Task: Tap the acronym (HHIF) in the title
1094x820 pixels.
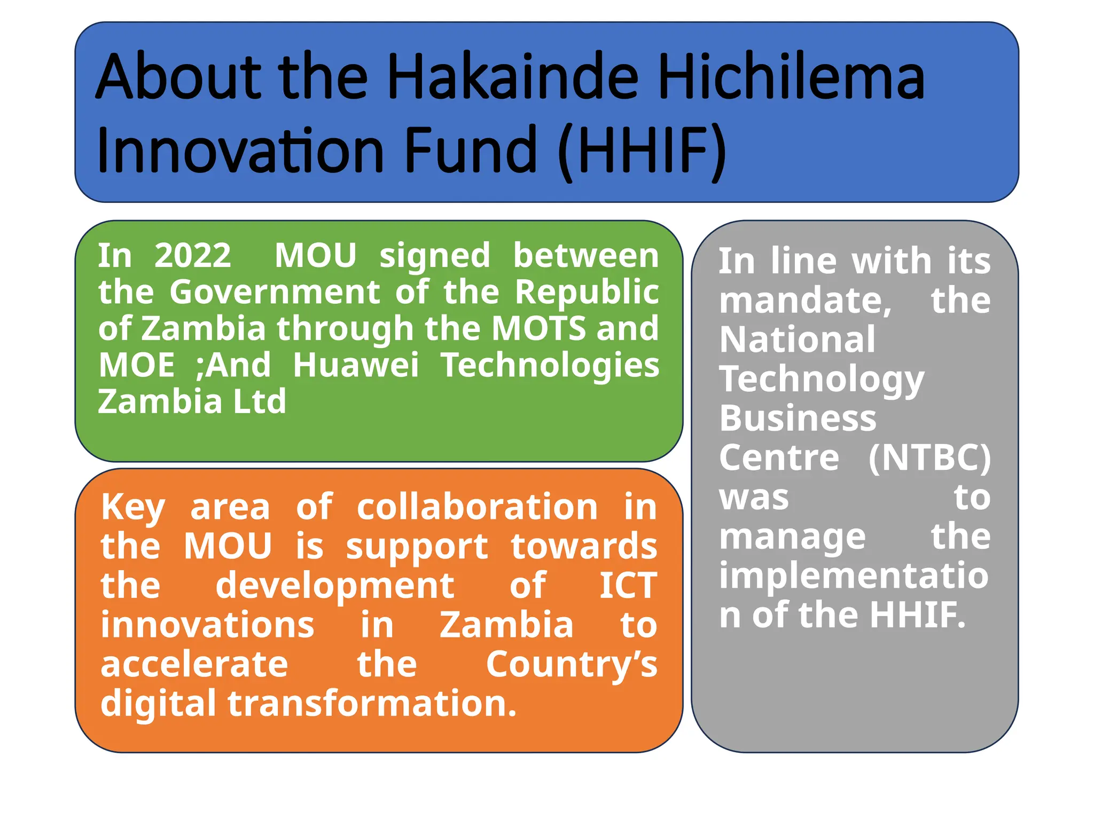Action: pyautogui.click(x=642, y=151)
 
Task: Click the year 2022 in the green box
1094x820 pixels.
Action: pyautogui.click(x=193, y=256)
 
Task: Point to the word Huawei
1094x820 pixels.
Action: pyautogui.click(x=356, y=365)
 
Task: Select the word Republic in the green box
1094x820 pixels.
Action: pyautogui.click(x=587, y=292)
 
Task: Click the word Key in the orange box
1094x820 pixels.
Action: pyautogui.click(x=133, y=507)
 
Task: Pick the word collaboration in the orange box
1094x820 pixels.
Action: pyautogui.click(x=477, y=507)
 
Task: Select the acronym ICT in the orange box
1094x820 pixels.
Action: pyautogui.click(x=628, y=586)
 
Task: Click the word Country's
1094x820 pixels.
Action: pyautogui.click(x=572, y=665)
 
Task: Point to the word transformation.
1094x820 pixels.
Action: pyautogui.click(x=372, y=704)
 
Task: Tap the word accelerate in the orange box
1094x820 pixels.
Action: pyautogui.click(x=194, y=665)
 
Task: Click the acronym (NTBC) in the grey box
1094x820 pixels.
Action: pyautogui.click(x=929, y=458)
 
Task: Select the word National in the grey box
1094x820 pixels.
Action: pyautogui.click(x=797, y=340)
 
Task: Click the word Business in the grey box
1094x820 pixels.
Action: pyautogui.click(x=798, y=418)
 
